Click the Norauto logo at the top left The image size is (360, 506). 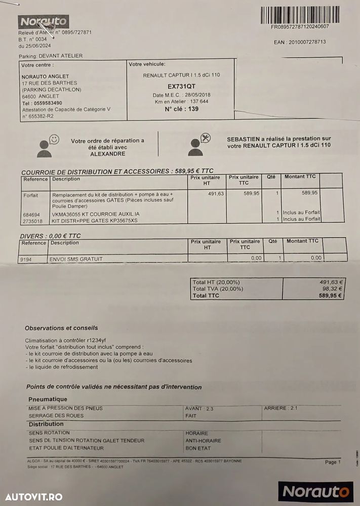pyautogui.click(x=43, y=22)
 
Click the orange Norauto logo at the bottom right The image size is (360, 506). pyautogui.click(x=316, y=491)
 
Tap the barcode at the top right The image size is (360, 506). pyautogui.click(x=300, y=15)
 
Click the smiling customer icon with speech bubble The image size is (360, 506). pyautogui.click(x=48, y=145)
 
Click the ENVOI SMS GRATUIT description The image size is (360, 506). pyautogui.click(x=76, y=259)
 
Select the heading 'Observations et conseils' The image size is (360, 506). pyautogui.click(x=61, y=328)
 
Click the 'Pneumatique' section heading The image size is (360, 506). pyautogui.click(x=48, y=399)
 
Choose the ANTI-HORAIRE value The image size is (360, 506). pyautogui.click(x=203, y=441)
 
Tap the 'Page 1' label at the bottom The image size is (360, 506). pyautogui.click(x=333, y=462)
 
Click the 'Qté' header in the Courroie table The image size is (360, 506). pyautogui.click(x=271, y=177)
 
